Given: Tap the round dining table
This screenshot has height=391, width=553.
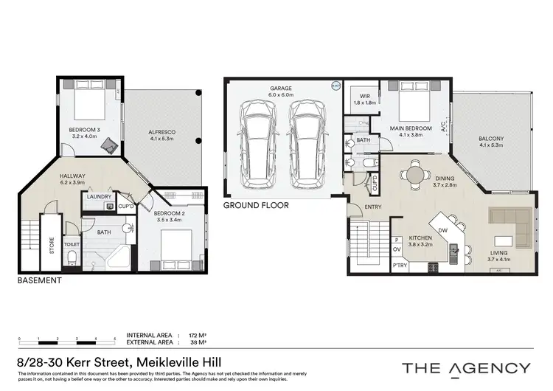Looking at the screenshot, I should point(414,175).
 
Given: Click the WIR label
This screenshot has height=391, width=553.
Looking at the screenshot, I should point(364,96).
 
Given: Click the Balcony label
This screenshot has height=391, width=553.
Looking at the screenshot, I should point(491,138).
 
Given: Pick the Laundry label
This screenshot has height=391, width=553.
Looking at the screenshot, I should point(98,197).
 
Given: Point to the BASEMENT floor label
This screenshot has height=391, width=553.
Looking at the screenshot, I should point(38,281).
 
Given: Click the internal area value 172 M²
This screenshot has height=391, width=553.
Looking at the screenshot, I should point(198,334).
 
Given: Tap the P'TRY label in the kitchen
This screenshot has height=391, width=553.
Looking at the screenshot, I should point(400,265).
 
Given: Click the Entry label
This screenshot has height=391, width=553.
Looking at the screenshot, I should point(373,207).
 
